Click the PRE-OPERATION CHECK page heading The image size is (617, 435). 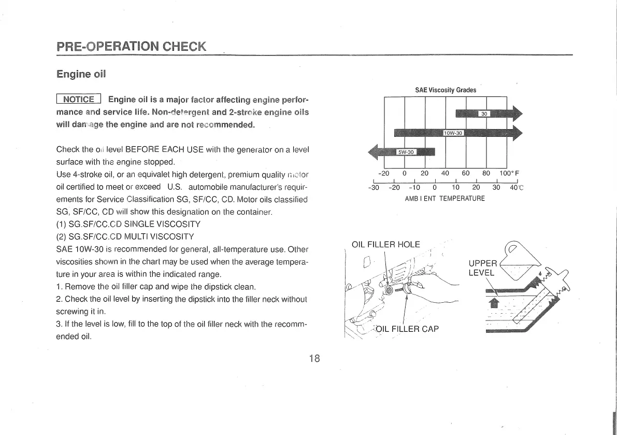[131, 46]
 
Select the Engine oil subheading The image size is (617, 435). [81, 74]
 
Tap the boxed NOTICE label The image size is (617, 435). [79, 100]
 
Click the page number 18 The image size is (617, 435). [314, 358]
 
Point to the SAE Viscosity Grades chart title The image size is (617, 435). [446, 90]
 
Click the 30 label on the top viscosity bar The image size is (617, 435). [484, 114]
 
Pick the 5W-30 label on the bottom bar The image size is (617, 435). [406, 152]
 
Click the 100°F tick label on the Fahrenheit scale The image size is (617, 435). [509, 173]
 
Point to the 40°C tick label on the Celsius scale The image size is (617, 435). [516, 188]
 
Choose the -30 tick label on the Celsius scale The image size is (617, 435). [374, 188]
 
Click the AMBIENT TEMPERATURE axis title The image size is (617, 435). [444, 199]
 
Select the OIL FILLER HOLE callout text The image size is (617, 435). [385, 245]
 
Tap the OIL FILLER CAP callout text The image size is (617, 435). [407, 328]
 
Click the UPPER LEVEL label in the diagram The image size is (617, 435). [482, 268]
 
